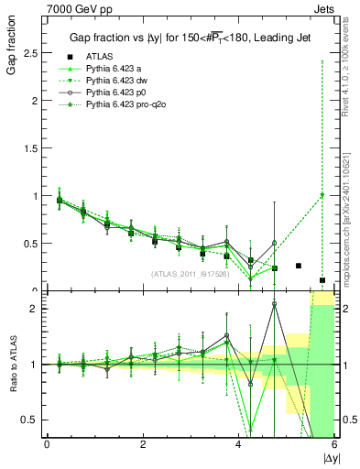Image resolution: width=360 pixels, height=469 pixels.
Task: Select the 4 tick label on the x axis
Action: point(239,444)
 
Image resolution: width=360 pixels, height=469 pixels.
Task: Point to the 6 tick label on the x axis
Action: point(334,444)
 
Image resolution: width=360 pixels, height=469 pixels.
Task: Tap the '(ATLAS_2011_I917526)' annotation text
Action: point(190,274)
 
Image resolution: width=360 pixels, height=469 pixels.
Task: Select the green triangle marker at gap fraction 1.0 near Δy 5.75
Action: point(322,195)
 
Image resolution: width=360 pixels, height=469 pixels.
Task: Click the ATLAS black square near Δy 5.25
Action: point(299,266)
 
